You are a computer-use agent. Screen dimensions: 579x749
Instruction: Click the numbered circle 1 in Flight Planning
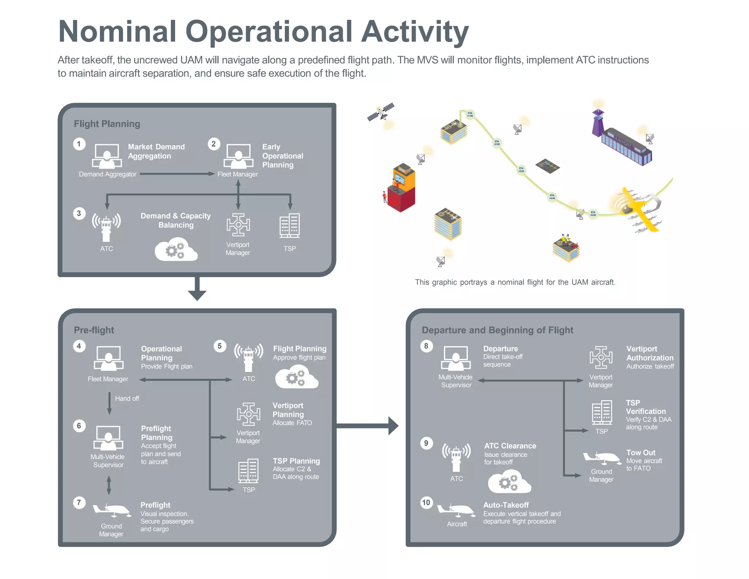tap(79, 144)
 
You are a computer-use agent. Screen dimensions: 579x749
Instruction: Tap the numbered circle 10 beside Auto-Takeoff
tap(426, 503)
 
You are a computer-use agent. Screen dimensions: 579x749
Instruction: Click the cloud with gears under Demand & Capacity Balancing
tap(176, 250)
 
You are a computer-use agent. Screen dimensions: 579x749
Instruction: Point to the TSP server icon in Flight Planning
tap(289, 225)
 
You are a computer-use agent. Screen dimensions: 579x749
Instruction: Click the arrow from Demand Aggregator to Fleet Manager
tap(177, 174)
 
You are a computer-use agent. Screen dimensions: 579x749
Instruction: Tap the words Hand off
tap(127, 399)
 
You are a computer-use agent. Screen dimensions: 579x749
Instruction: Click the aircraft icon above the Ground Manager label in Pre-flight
tap(112, 510)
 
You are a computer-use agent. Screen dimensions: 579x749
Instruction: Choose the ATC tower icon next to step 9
tap(456, 457)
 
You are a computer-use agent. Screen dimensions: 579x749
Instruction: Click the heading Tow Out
tap(641, 453)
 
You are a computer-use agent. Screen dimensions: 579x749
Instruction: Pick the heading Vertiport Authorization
tap(650, 353)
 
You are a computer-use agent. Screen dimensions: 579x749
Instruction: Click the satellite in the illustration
tap(381, 112)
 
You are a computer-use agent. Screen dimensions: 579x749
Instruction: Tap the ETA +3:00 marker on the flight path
tap(521, 170)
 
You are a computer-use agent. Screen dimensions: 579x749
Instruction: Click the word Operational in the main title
tap(269, 31)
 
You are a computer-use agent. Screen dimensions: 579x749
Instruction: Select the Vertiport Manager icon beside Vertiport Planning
tap(248, 414)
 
